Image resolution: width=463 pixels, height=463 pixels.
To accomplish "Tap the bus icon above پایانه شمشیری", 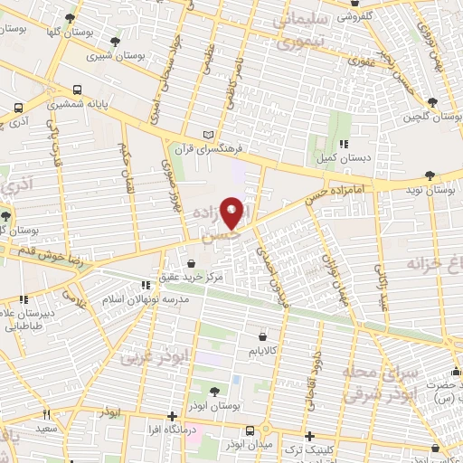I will pyautogui.click(x=78, y=90).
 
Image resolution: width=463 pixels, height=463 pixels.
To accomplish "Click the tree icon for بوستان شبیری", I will pyautogui.click(x=115, y=42).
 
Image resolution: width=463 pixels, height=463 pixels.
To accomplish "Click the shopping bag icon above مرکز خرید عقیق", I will pyautogui.click(x=192, y=262).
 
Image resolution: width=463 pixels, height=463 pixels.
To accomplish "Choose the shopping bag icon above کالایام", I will pyautogui.click(x=262, y=335).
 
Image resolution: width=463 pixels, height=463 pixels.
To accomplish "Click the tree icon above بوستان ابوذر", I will pyautogui.click(x=213, y=392).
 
